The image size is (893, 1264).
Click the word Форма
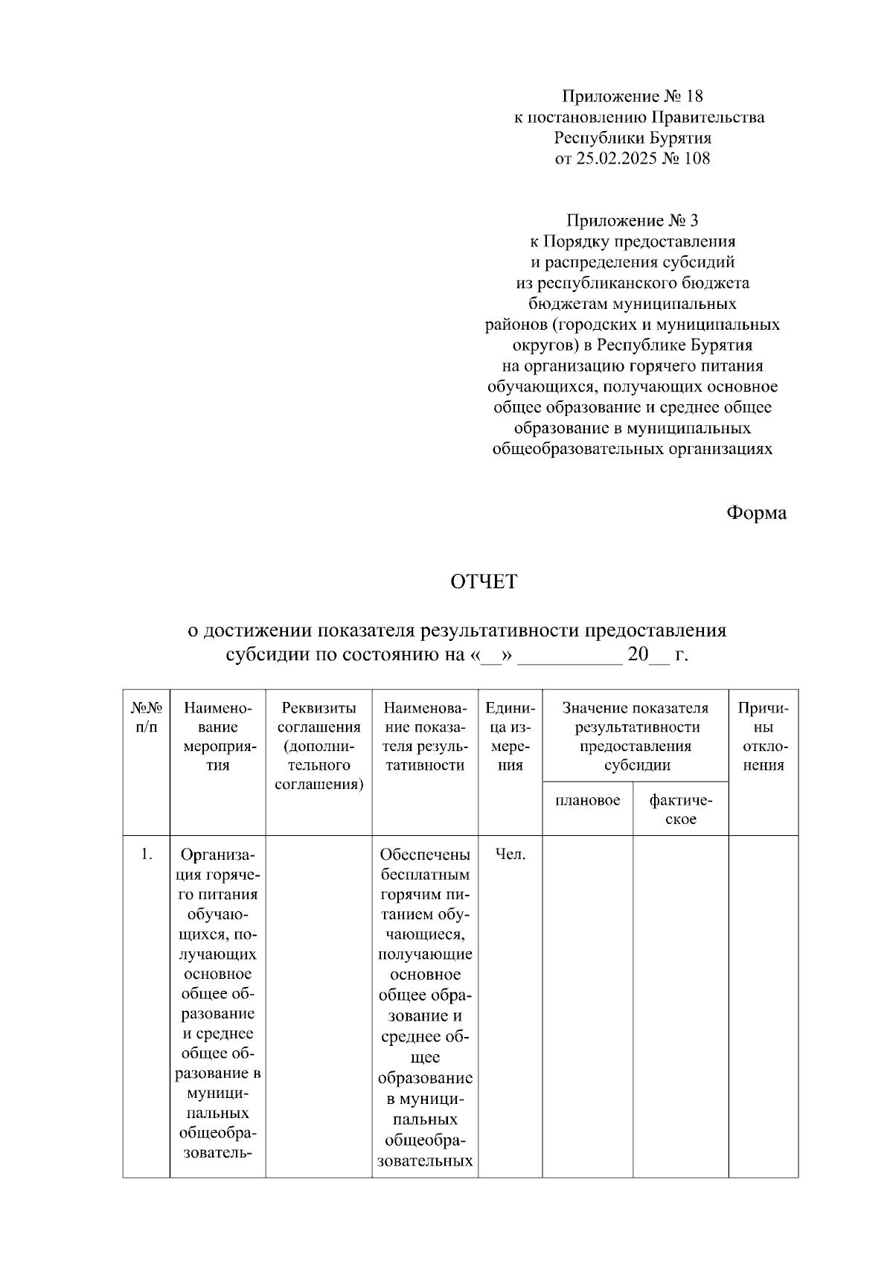756,513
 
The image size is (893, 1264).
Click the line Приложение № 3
632,221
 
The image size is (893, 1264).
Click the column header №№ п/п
147,718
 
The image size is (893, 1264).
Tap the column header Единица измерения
510,737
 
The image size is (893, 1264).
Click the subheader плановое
588,800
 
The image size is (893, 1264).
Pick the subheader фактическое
680,810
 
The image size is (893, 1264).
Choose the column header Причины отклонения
763,737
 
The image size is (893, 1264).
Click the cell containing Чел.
510,855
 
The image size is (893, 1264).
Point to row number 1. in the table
147,855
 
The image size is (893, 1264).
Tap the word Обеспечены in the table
425,855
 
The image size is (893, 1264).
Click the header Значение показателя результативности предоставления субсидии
635,737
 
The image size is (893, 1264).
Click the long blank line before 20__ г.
569,657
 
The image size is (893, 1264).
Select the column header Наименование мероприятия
218,737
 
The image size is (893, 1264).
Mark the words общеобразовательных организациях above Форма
632,450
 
